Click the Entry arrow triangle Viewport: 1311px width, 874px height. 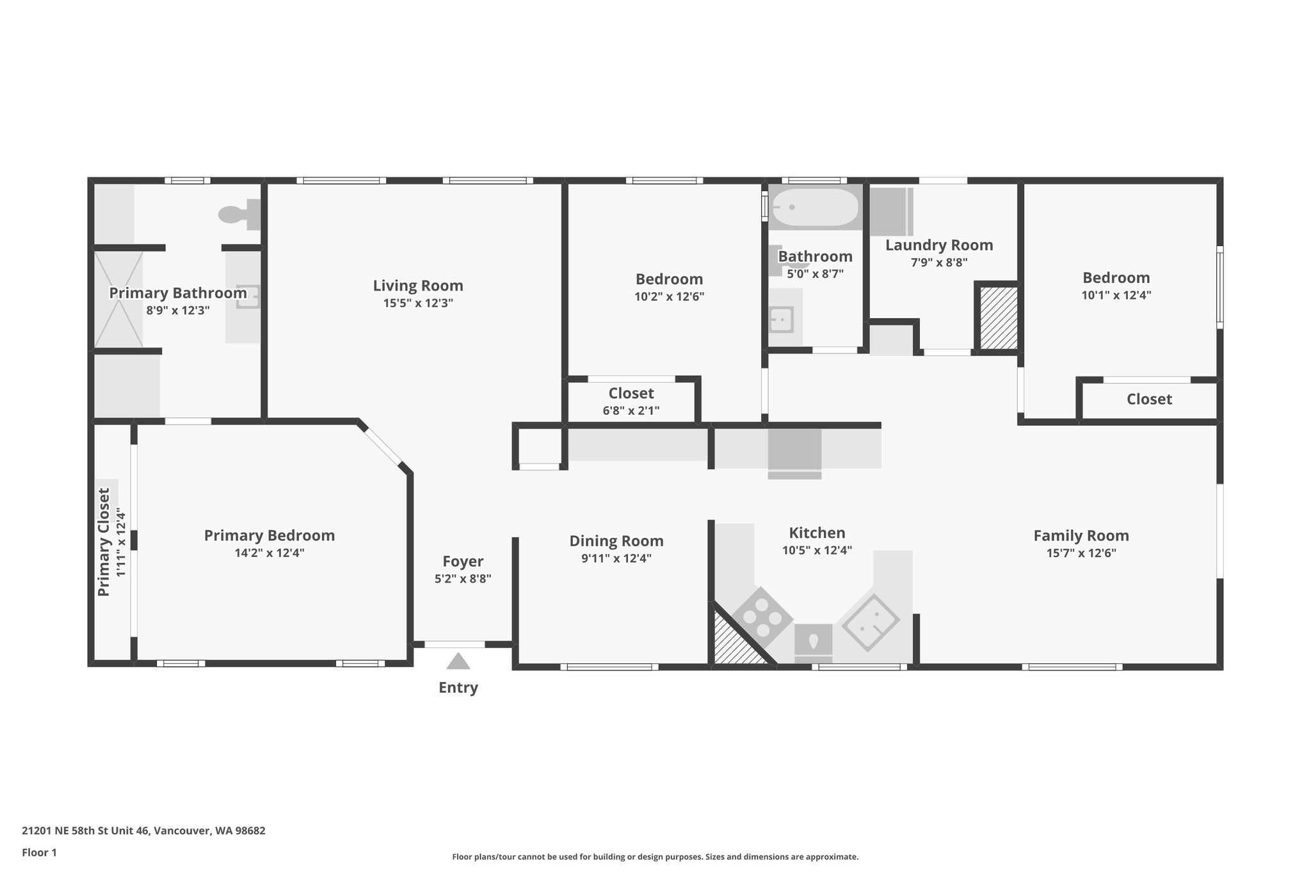click(458, 661)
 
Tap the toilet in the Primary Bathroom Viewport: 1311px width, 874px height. click(239, 214)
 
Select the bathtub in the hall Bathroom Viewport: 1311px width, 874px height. click(814, 207)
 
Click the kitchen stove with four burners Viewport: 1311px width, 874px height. click(762, 617)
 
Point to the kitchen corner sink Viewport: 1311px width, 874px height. click(870, 622)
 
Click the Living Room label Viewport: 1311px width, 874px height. click(418, 286)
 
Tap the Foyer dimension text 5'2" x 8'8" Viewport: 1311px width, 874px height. click(463, 579)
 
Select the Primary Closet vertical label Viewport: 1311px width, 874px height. click(104, 542)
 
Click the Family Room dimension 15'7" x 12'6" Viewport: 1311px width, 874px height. click(1081, 553)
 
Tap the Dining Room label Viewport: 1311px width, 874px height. click(616, 541)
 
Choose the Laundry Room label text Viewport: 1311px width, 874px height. click(939, 245)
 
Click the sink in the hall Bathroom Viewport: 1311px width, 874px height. click(782, 319)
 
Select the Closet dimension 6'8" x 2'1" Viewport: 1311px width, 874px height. click(631, 410)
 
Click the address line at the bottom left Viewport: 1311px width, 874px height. click(143, 831)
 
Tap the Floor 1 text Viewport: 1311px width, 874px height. click(39, 852)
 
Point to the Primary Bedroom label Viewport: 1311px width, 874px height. click(269, 535)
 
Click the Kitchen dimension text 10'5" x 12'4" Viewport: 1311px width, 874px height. click(817, 550)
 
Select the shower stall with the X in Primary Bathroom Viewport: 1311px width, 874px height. click(119, 300)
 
